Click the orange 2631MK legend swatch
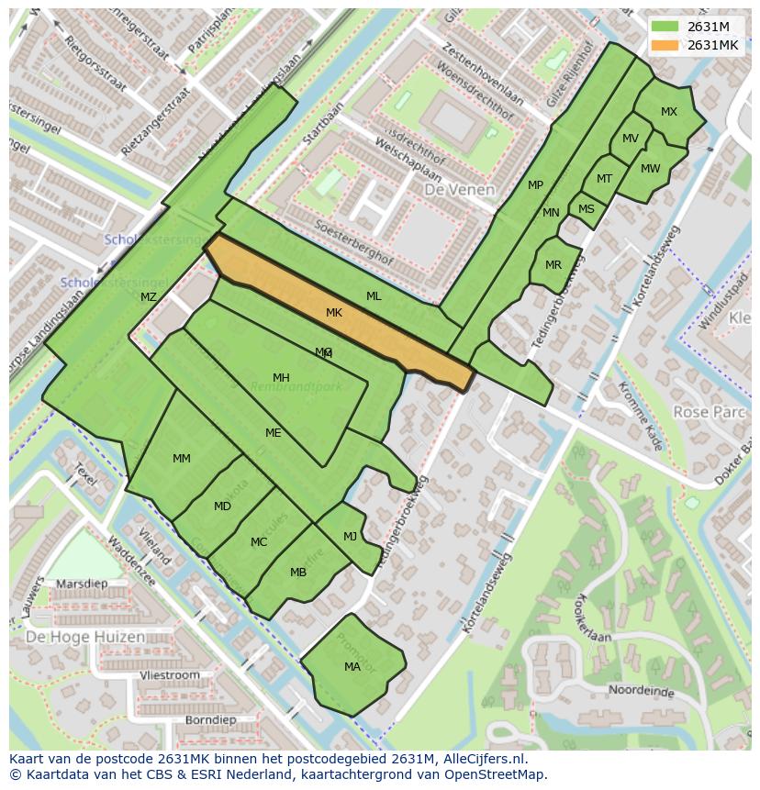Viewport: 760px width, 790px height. (665, 45)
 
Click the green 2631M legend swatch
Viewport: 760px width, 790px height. (665, 27)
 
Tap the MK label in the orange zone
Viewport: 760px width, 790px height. (334, 313)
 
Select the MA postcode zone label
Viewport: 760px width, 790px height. (352, 667)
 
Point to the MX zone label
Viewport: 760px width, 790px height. (669, 112)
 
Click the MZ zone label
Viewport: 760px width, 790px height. (149, 296)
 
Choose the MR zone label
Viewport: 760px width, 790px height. (553, 265)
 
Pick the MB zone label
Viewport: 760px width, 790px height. (298, 573)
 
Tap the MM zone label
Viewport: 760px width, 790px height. (182, 458)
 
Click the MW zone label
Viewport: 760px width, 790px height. (651, 169)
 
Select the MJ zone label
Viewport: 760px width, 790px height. (351, 537)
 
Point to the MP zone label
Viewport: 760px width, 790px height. (535, 185)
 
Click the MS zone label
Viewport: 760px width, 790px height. (587, 209)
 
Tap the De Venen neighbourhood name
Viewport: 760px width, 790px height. (459, 190)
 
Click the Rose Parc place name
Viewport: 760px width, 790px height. (709, 412)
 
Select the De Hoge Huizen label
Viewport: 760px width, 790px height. (84, 637)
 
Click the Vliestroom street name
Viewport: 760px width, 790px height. (170, 675)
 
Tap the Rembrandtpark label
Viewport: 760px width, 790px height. (297, 386)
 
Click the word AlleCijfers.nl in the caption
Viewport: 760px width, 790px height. (482, 759)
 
